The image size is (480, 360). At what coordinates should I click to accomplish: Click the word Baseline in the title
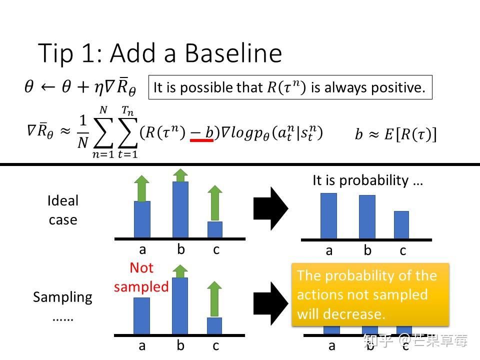[x=233, y=53]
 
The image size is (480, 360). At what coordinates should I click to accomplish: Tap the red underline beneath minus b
[x=201, y=140]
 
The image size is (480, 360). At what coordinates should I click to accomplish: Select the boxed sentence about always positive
[x=290, y=87]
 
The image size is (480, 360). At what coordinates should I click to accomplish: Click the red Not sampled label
[x=141, y=277]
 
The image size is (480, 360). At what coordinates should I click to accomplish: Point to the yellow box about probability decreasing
[x=370, y=295]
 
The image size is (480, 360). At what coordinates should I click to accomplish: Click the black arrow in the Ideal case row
[x=271, y=208]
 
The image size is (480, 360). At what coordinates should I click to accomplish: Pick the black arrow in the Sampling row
[x=271, y=303]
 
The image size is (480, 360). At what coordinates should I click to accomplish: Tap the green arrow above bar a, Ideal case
[x=141, y=188]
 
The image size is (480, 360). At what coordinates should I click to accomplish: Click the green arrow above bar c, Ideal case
[x=215, y=203]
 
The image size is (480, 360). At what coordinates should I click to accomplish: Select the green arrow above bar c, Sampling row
[x=214, y=299]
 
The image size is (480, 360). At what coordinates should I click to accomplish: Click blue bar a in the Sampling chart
[x=141, y=316]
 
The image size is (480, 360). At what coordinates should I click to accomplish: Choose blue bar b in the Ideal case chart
[x=180, y=209]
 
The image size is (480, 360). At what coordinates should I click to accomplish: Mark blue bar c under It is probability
[x=401, y=225]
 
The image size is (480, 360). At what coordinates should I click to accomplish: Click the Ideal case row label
[x=63, y=210]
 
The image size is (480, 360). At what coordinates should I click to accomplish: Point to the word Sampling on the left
[x=63, y=297]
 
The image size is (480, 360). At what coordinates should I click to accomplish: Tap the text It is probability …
[x=367, y=180]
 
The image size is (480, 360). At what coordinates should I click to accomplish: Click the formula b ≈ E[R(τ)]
[x=396, y=134]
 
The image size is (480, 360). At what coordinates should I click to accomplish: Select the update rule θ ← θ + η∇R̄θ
[x=80, y=86]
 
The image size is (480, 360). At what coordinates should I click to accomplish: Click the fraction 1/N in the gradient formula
[x=83, y=131]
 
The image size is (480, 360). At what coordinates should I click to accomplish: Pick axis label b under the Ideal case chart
[x=181, y=249]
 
